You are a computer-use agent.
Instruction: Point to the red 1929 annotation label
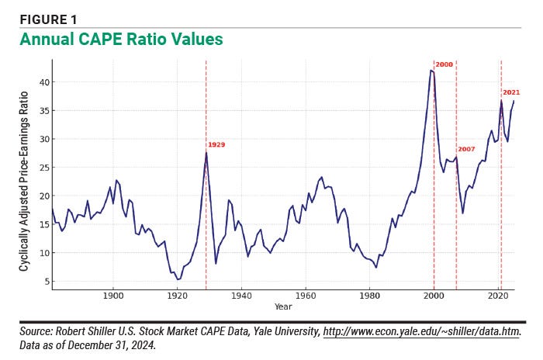coord(216,144)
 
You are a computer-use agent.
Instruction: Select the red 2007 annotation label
coord(466,149)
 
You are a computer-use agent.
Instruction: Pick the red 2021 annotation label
coord(511,93)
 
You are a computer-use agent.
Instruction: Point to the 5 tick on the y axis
coord(46,282)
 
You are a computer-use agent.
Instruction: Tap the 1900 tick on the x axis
coord(113,297)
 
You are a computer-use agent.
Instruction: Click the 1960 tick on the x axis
coord(305,297)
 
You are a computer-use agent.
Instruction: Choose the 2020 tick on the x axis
coord(497,297)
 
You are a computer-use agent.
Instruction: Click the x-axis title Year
coord(283,307)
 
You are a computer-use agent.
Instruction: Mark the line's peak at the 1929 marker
coord(206,153)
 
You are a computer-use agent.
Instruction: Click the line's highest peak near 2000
coord(431,71)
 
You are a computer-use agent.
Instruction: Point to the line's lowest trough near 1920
coord(178,279)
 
